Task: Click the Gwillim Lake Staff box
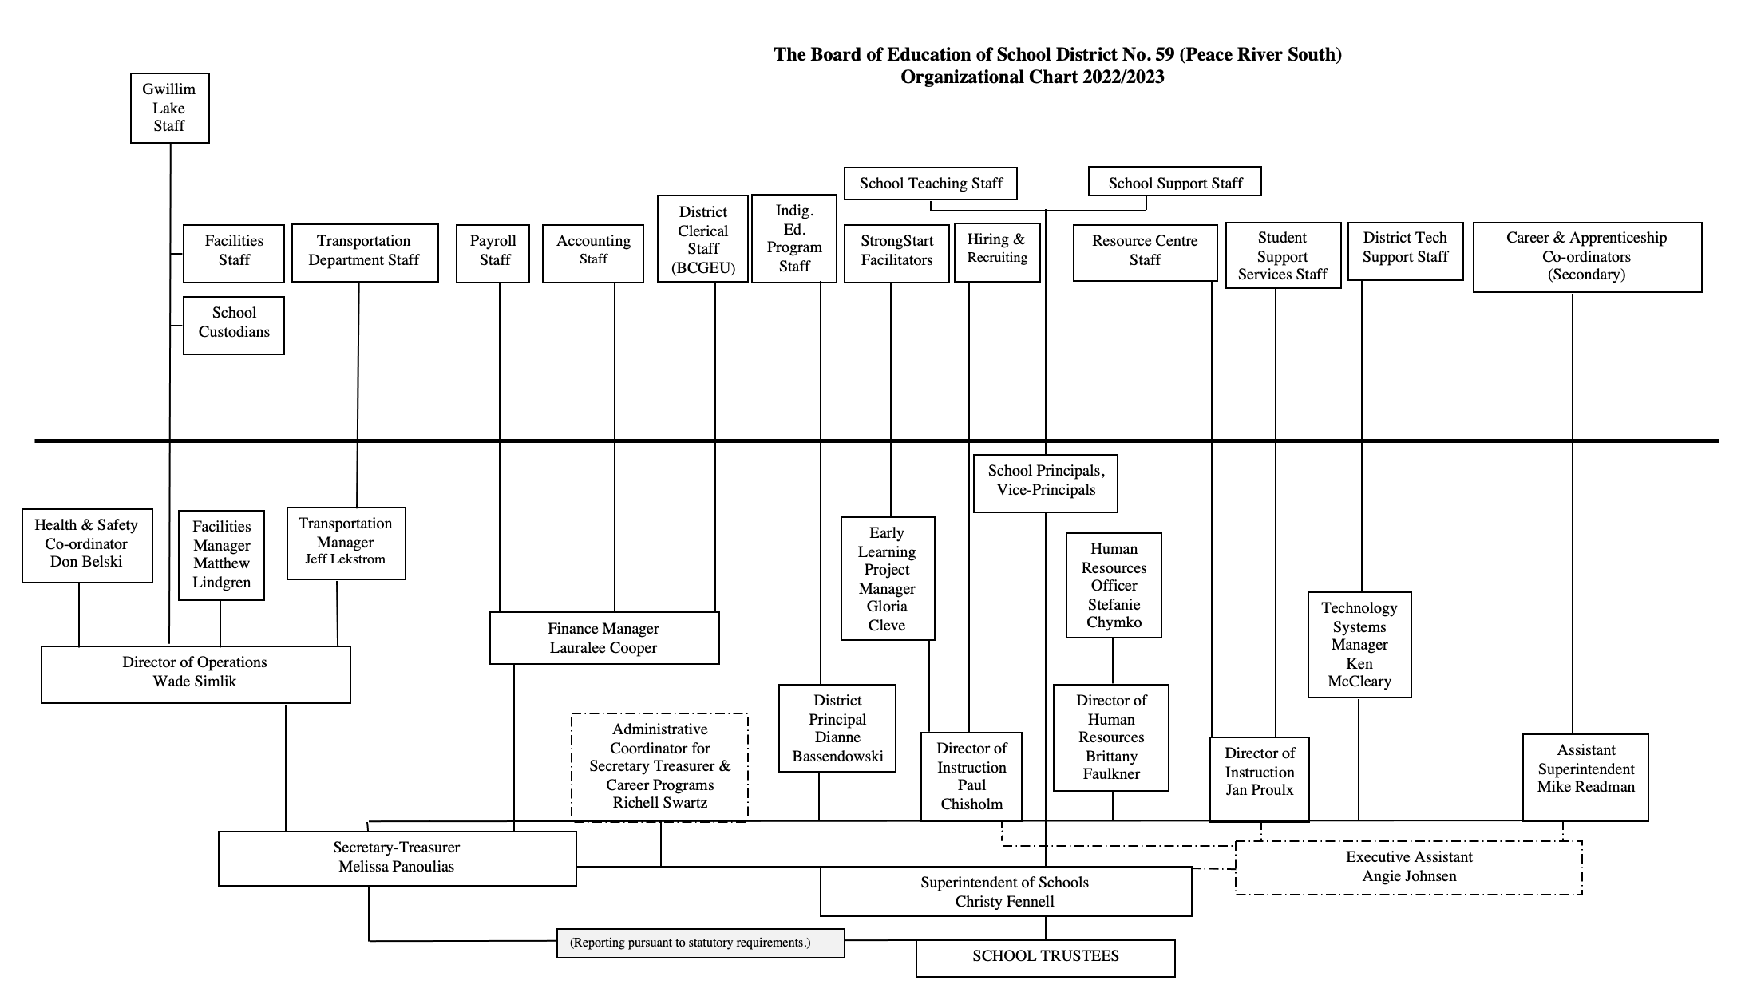(169, 108)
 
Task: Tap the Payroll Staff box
(493, 253)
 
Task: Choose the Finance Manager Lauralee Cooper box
(603, 638)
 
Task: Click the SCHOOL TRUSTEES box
(1045, 957)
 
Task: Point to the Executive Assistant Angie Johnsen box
(1408, 867)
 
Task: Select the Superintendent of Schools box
(1005, 891)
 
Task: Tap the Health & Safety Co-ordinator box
(86, 544)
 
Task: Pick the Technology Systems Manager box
(1359, 644)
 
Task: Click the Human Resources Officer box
(1114, 585)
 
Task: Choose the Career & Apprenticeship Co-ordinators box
(1586, 256)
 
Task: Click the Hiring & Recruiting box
(996, 251)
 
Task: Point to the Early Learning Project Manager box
(887, 578)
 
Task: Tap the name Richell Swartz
(659, 803)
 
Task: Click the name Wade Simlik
(195, 682)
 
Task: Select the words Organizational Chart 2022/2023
(1031, 77)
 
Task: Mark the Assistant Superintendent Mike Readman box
(1585, 777)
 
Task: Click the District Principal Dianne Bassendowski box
(837, 728)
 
